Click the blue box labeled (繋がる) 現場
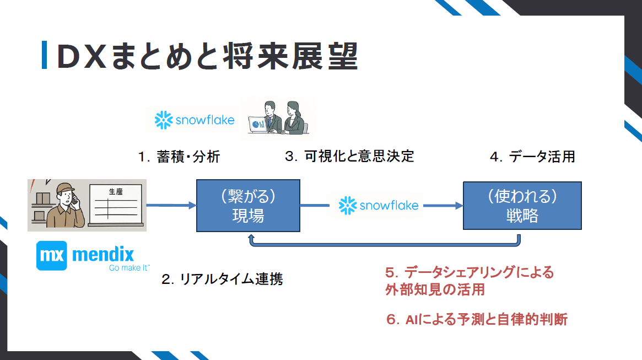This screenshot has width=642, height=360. [248, 205]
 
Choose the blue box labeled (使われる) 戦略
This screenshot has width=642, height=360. [522, 205]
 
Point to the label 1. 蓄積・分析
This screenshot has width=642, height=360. [179, 157]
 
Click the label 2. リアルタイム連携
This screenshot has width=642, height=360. [222, 279]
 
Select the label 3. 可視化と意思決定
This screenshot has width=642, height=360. [349, 156]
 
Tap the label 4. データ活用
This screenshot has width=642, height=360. [532, 157]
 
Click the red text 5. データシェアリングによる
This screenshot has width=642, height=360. [470, 272]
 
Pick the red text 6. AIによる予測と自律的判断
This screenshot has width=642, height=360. [477, 319]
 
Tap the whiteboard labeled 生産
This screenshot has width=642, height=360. [116, 205]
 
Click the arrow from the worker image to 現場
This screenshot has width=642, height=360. [171, 205]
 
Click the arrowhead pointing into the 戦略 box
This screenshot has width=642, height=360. [458, 206]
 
